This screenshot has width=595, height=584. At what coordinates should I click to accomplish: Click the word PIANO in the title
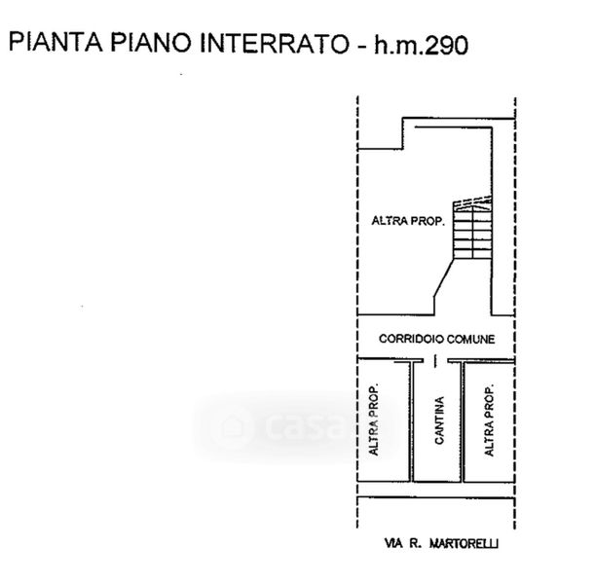137,44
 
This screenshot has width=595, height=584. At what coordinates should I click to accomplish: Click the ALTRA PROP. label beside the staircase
408,222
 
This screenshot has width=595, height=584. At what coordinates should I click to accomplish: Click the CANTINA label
439,420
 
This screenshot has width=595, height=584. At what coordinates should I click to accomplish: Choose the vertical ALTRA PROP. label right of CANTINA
490,420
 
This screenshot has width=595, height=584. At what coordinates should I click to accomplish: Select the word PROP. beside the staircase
429,222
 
